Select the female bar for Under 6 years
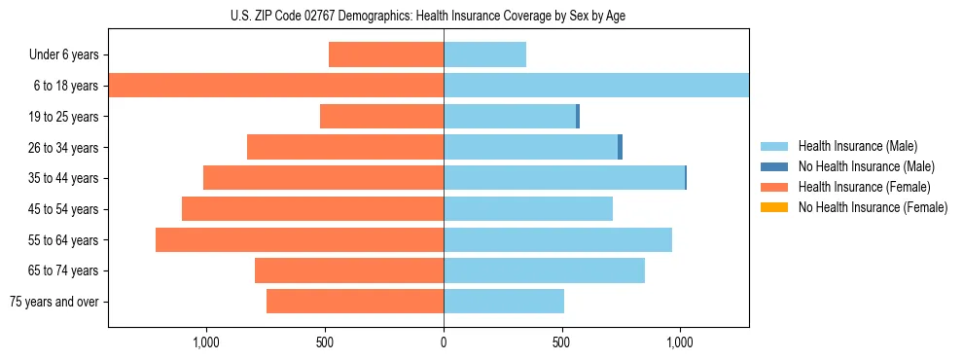coord(386,54)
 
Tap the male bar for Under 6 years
coord(484,54)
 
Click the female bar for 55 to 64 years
coord(300,239)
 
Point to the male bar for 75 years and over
coord(504,302)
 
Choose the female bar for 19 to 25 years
coord(381,117)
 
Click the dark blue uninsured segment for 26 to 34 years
coord(620,147)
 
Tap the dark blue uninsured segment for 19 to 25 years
coord(578,117)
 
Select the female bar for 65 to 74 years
coord(349,270)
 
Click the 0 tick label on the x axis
coord(444,342)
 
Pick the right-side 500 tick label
coord(561,342)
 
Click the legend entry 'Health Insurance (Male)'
coord(857,146)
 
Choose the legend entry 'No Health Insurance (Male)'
coord(866,166)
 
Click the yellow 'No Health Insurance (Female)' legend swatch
coord(773,207)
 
